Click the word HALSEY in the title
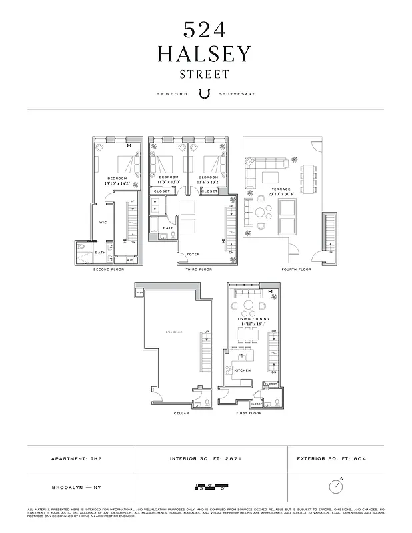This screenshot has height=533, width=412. coord(205,54)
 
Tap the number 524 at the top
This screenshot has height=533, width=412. coord(205,29)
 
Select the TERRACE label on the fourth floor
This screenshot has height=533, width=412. coord(281,189)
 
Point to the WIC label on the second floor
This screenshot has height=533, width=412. coord(103,222)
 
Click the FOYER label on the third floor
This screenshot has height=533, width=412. coord(193,254)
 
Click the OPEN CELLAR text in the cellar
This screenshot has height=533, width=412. coord(173,332)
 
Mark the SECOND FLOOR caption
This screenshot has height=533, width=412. coord(109,270)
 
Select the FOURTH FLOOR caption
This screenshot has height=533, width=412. coord(297,270)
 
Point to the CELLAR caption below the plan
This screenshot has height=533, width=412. coord(181,413)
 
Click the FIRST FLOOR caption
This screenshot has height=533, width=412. coord(249,413)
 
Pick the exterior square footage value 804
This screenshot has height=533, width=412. coord(359,459)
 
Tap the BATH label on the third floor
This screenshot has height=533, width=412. coord(168,228)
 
